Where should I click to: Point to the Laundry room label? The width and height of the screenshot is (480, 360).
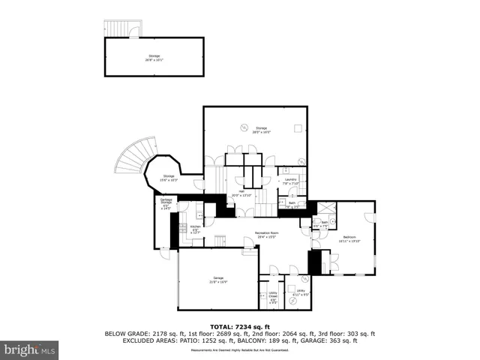coord(291,181)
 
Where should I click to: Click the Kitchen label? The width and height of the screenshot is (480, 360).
coord(195,229)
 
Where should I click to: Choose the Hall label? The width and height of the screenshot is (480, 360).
coord(242,193)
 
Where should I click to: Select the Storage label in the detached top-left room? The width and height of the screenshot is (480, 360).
coord(154,57)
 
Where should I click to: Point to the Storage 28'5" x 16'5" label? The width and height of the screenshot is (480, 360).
coord(261,130)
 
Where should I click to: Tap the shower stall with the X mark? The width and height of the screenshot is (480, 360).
coord(327,208)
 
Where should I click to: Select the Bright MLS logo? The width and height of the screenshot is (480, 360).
coord(30,349)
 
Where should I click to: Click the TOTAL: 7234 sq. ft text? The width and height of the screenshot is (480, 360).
coord(240,326)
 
